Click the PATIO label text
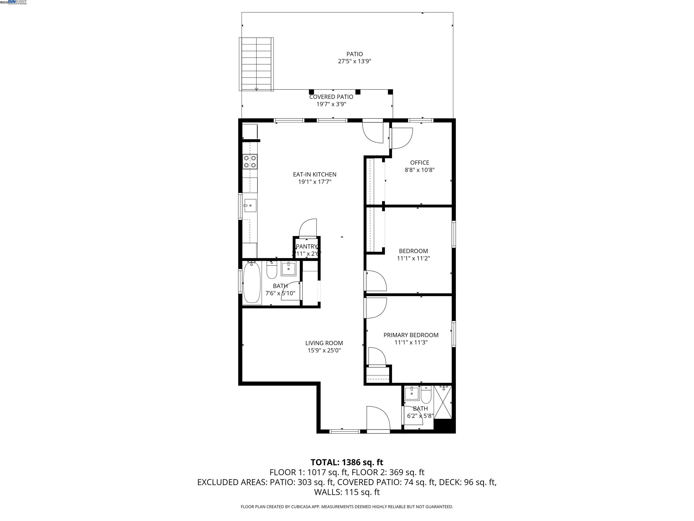(x=354, y=54)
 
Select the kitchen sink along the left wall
(x=250, y=205)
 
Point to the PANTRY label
(x=307, y=246)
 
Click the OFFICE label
(x=420, y=163)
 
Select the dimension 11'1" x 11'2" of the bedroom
(x=413, y=258)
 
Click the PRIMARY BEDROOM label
(x=411, y=335)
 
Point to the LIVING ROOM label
(x=324, y=343)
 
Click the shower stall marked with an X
(x=443, y=402)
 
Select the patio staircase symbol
(x=256, y=64)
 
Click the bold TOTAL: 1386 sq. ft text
(x=347, y=462)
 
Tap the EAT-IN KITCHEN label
(x=315, y=174)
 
